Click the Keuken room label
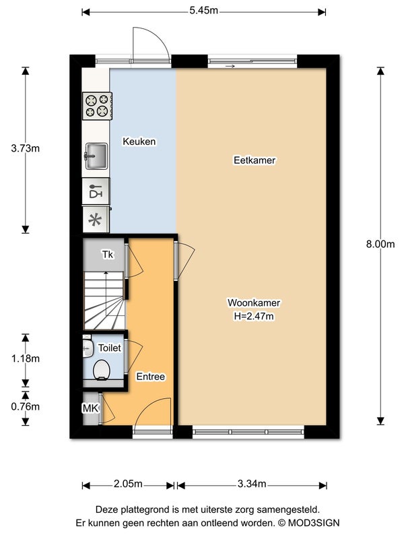[139, 141]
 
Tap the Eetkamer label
[255, 160]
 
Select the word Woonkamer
[254, 303]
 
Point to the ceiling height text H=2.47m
[254, 316]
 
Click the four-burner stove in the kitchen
[97, 106]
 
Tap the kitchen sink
[96, 156]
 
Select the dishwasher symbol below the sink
[96, 191]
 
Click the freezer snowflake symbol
[96, 220]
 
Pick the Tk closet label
[108, 255]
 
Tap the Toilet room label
[110, 348]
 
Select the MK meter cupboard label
[90, 408]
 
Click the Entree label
[150, 377]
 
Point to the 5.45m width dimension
[204, 11]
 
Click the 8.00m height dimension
[380, 245]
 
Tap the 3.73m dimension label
[26, 148]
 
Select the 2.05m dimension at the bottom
[128, 484]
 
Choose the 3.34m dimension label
[252, 484]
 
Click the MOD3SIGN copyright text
[308, 524]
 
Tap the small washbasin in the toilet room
[88, 347]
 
